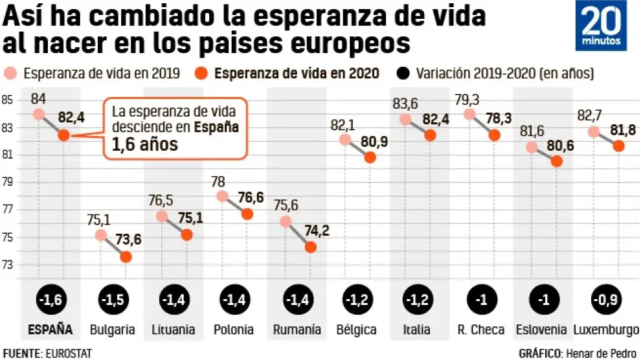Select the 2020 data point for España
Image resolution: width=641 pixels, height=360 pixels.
coord(63,135)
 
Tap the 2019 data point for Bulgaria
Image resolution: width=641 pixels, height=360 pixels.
coord(100,235)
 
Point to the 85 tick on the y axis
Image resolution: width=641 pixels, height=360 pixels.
coord(8,100)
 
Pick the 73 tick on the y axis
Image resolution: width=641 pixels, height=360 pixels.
coord(8,265)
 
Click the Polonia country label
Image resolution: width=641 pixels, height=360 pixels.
coord(234,330)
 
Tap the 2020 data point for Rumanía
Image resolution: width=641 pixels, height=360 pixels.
coord(310,247)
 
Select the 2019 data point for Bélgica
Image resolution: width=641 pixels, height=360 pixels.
coord(345,139)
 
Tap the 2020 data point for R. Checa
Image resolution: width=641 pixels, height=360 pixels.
coord(494,135)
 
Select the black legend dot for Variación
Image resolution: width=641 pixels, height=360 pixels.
coord(406,73)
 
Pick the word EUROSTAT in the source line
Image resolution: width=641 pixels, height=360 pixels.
coord(68,353)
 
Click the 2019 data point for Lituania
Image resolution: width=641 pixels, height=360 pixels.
coord(161,216)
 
